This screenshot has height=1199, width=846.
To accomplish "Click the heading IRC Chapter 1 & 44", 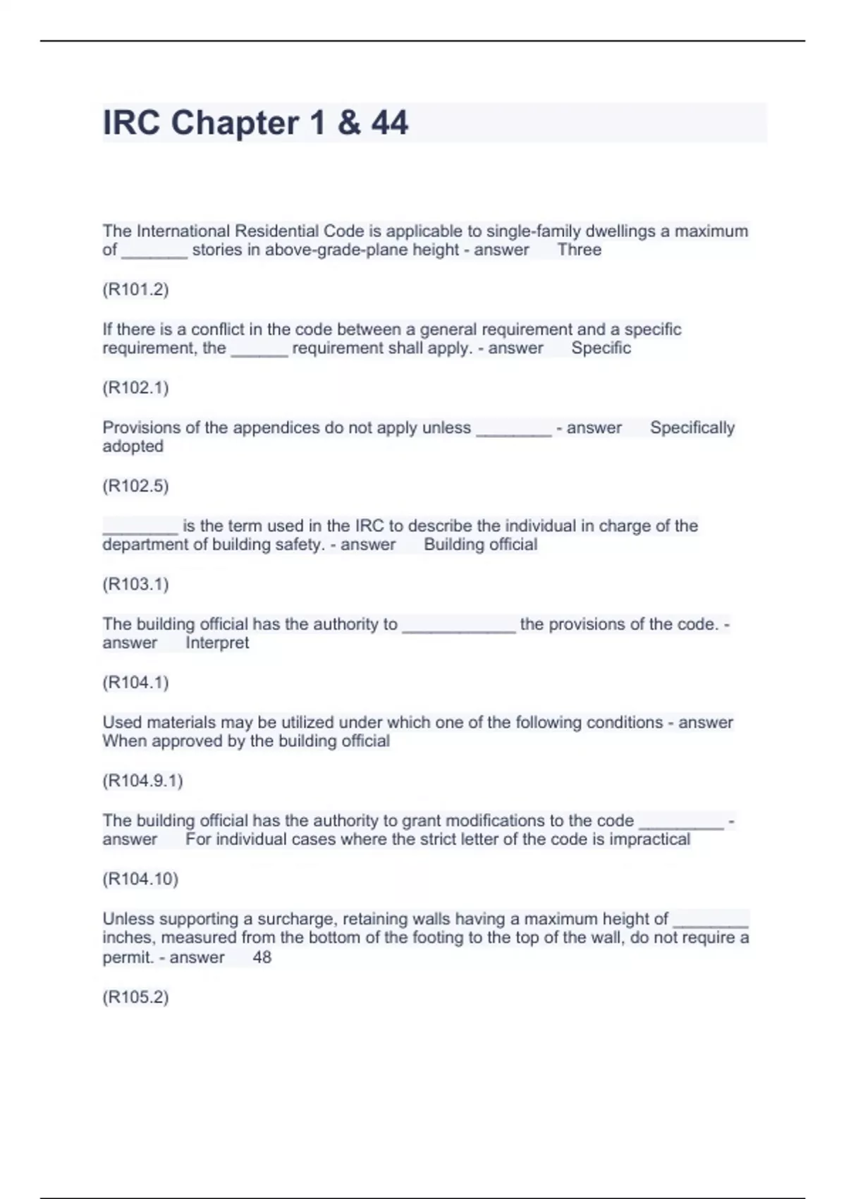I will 255,123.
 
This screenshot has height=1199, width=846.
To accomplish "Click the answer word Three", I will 579,250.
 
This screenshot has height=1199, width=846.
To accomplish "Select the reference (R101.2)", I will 135,289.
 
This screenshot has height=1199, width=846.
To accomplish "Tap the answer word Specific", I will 601,348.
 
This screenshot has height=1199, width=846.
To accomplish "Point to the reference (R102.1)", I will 135,387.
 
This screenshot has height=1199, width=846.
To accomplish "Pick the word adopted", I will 133,446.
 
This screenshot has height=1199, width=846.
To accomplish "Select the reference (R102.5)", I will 135,485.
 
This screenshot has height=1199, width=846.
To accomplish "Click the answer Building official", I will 480,544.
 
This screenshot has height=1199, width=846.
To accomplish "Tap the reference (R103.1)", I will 135,584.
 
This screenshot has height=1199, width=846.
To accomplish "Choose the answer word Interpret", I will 217,643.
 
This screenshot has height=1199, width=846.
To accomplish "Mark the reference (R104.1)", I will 135,682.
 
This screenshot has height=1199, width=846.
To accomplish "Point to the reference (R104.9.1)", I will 142,781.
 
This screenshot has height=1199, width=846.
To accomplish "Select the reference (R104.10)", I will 140,879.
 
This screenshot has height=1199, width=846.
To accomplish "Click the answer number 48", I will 262,957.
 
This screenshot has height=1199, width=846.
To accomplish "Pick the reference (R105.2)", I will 135,997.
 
